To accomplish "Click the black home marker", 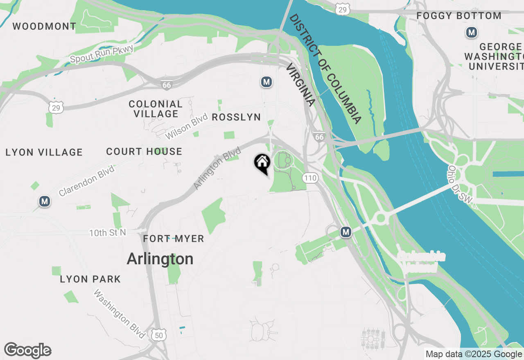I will click(262, 163).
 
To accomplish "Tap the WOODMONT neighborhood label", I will click(44, 27).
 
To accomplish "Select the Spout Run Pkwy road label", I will click(102, 54).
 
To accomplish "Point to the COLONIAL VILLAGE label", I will click(156, 109).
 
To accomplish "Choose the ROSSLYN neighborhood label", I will click(236, 117).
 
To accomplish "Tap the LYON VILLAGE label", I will click(44, 153).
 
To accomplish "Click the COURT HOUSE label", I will click(144, 152).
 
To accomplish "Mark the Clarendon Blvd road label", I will click(86, 180).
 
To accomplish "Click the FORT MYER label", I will click(174, 239).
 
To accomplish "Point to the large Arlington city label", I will click(160, 259).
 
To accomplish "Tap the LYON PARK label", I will click(90, 279).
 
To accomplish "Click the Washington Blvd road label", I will click(119, 314).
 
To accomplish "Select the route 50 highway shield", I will click(158, 335).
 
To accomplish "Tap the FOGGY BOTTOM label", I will click(459, 16).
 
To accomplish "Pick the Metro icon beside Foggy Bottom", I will click(472, 32).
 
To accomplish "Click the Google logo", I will click(28, 350).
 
